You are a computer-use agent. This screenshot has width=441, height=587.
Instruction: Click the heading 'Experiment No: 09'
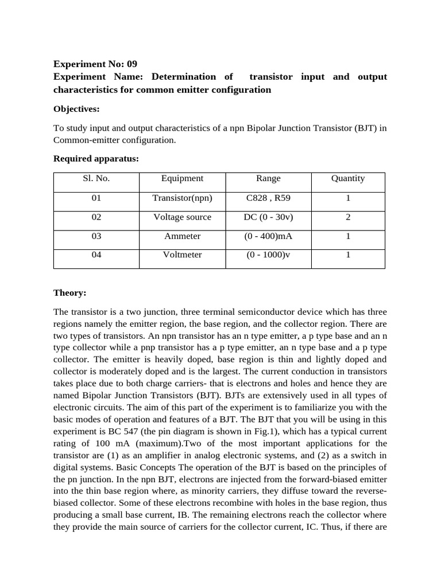tap(95, 64)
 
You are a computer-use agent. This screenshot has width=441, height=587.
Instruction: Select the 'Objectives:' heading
tap(76, 108)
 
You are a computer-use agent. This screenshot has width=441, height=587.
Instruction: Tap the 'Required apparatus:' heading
tap(96, 159)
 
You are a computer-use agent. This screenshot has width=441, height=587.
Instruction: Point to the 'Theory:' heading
tap(69, 293)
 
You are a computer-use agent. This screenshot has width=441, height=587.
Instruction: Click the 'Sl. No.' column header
tap(96, 178)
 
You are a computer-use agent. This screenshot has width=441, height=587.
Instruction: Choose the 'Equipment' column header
tap(182, 178)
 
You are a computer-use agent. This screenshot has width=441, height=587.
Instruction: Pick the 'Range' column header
tap(268, 178)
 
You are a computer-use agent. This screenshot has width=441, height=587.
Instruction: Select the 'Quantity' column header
tap(348, 178)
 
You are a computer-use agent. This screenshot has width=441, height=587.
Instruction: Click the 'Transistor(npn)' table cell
tap(182, 198)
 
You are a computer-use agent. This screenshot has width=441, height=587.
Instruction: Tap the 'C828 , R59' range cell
tap(268, 198)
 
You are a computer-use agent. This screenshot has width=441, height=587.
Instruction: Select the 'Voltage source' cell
tap(182, 217)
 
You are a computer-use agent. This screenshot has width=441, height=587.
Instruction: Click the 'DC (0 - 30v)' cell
tap(268, 217)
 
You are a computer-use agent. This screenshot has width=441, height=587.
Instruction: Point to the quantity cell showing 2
tap(348, 217)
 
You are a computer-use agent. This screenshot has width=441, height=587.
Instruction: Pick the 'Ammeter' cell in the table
tap(182, 236)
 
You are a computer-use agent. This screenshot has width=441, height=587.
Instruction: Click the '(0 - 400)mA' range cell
tap(268, 236)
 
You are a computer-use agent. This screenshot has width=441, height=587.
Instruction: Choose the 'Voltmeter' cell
tap(182, 255)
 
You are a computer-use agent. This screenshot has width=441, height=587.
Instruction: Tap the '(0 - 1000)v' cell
tap(268, 255)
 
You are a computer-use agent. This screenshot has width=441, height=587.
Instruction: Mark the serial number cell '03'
tap(96, 236)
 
